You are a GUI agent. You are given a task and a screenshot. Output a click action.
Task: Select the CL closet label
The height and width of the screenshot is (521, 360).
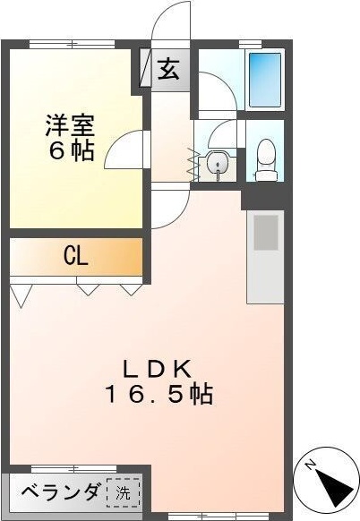tap(75, 257)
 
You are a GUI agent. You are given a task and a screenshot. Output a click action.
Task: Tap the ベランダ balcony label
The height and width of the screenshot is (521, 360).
tap(59, 491)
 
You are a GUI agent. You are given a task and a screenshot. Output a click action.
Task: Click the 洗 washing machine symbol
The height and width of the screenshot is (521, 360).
tap(124, 491)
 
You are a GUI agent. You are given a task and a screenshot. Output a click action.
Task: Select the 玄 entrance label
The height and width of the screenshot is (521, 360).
tap(169, 71)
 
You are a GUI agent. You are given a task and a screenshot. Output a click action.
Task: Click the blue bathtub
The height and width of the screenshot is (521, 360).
tap(264, 79)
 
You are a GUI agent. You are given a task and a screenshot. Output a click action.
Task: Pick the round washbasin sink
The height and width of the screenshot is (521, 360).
tap(216, 164)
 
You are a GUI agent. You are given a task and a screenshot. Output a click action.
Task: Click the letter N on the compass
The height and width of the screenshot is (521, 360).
tap(307, 465)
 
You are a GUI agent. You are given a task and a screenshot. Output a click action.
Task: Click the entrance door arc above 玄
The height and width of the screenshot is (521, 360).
tap(170, 22)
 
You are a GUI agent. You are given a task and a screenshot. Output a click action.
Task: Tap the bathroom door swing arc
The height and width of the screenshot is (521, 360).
tap(215, 94)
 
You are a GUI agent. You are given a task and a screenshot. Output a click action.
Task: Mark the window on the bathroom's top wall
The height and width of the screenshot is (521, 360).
tap(251, 43)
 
